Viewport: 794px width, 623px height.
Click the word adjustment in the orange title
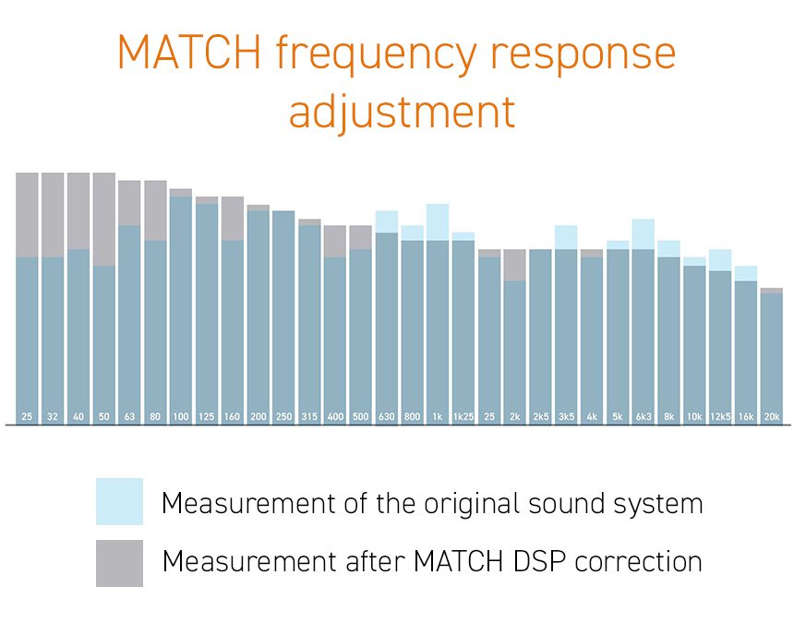[402, 112]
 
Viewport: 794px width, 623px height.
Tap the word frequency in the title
[376, 54]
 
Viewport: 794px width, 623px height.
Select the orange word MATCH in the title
[189, 52]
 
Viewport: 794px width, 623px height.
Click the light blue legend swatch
[119, 501]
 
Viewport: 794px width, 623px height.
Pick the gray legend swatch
[119, 563]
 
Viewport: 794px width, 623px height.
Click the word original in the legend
[474, 504]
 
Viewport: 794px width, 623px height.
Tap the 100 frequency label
[181, 416]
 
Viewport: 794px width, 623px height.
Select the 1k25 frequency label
[463, 416]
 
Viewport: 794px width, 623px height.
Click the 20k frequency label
[772, 416]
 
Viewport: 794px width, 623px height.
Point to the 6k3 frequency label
[644, 416]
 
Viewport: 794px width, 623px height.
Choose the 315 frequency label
[309, 416]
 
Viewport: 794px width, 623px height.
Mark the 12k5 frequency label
[720, 416]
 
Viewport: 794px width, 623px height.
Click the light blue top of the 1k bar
[438, 222]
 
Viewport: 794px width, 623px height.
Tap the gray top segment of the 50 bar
[103, 219]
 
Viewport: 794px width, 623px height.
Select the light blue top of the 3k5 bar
[566, 237]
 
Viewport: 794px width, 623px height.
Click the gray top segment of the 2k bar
[514, 265]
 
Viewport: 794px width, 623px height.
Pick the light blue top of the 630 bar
[386, 222]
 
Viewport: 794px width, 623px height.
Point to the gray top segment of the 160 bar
[233, 218]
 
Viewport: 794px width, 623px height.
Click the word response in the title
[583, 54]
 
